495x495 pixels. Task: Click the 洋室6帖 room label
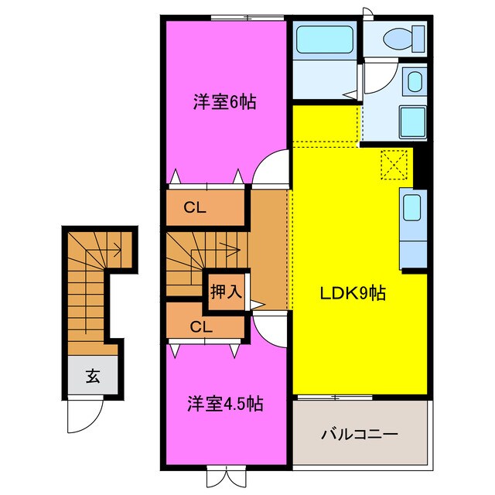pyautogui.click(x=224, y=101)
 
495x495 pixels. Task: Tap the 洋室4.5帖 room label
pyautogui.click(x=225, y=403)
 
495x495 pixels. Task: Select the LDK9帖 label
pyautogui.click(x=353, y=293)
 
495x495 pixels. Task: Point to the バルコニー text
pyautogui.click(x=359, y=435)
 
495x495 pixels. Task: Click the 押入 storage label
pyautogui.click(x=227, y=291)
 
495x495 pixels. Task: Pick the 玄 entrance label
pyautogui.click(x=93, y=376)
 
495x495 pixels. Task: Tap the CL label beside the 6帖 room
pyautogui.click(x=195, y=208)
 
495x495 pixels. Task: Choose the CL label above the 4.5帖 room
pyautogui.click(x=201, y=326)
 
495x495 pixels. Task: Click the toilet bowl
pyautogui.click(x=398, y=39)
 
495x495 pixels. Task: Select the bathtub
pyautogui.click(x=325, y=39)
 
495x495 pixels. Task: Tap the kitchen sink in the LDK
pyautogui.click(x=412, y=208)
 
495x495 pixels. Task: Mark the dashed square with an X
pyautogui.click(x=394, y=165)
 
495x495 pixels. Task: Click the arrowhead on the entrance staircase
pyautogui.click(x=118, y=251)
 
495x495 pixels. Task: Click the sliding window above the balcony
pyautogui.click(x=335, y=397)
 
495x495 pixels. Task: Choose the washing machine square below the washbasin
pyautogui.click(x=413, y=122)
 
